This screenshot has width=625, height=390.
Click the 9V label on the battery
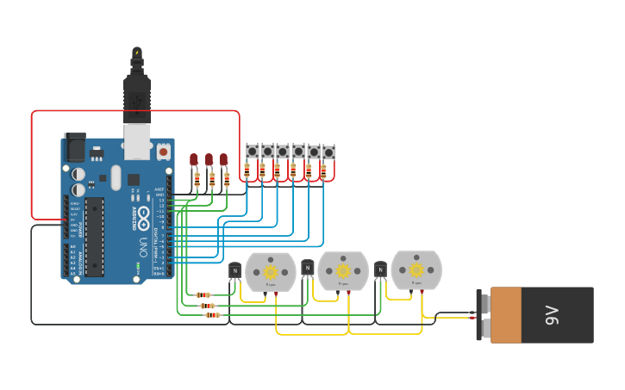pyautogui.click(x=552, y=315)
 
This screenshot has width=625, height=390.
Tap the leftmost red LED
pyautogui.click(x=194, y=160)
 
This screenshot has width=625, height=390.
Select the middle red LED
pyautogui.click(x=209, y=160)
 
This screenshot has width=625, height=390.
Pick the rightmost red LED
pyautogui.click(x=223, y=160)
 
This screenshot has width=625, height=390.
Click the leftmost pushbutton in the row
pyautogui.click(x=253, y=152)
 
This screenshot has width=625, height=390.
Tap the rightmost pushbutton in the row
pyautogui.click(x=328, y=152)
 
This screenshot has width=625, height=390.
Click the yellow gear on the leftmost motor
pyautogui.click(x=271, y=270)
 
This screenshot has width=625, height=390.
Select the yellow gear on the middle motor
pyautogui.click(x=343, y=270)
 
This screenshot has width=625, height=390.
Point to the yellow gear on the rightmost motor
pyautogui.click(x=416, y=269)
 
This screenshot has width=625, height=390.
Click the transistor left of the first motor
pyautogui.click(x=234, y=272)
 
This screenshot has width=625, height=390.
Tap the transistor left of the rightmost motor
pyautogui.click(x=380, y=270)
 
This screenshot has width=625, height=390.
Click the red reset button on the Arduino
pyautogui.click(x=163, y=152)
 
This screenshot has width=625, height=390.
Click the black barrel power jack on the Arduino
pyautogui.click(x=75, y=148)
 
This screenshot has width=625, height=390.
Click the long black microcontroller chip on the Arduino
pyautogui.click(x=94, y=237)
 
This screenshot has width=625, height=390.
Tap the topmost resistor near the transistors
pyautogui.click(x=203, y=295)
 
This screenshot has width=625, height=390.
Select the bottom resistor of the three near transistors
pyautogui.click(x=212, y=315)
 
